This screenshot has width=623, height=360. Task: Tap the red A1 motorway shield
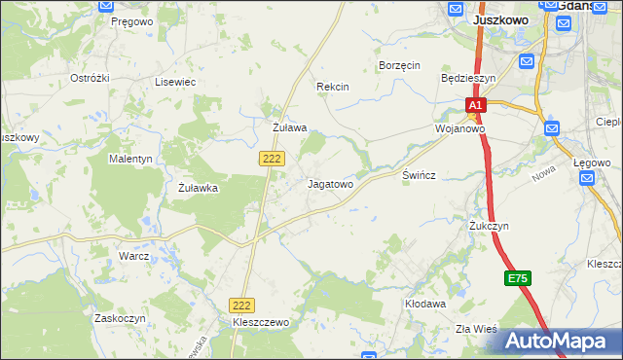(x=474, y=105)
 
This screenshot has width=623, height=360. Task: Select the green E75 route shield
(x=518, y=279)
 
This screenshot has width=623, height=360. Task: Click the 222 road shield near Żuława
(x=272, y=158)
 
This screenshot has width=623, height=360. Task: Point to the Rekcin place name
(x=332, y=87)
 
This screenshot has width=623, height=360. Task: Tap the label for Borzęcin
(x=398, y=65)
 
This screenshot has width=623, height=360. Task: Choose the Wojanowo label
(x=459, y=128)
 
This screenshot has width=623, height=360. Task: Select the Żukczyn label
(x=489, y=226)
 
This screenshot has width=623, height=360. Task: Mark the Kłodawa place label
(x=424, y=304)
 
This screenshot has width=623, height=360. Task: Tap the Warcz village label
(x=133, y=256)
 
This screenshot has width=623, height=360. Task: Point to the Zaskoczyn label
(x=120, y=318)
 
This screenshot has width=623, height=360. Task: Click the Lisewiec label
(x=175, y=83)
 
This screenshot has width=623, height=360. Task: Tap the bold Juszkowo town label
(x=499, y=18)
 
